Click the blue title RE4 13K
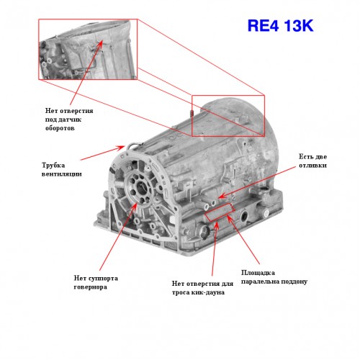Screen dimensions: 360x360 pyautogui.click(x=280, y=26)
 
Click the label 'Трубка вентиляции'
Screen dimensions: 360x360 pyautogui.click(x=62, y=169)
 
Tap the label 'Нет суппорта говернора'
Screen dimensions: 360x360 pyautogui.click(x=96, y=282)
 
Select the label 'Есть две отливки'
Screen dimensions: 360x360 pyautogui.click(x=312, y=161)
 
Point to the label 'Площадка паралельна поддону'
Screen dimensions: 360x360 pyautogui.click(x=274, y=277)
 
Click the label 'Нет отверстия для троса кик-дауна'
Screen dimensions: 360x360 pyautogui.click(x=202, y=288)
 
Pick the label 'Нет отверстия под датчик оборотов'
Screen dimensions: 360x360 pyautogui.click(x=69, y=120)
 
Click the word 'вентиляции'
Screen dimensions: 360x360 pyautogui.click(x=62, y=174)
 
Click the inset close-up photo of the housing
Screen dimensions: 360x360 pyautogui.click(x=88, y=50)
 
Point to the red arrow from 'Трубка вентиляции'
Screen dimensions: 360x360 pyautogui.click(x=102, y=153)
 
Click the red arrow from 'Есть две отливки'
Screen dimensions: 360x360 pyautogui.click(x=257, y=182)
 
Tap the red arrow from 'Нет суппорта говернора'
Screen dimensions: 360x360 pyautogui.click(x=118, y=236)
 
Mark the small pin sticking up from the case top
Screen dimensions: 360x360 pyautogui.click(x=192, y=113)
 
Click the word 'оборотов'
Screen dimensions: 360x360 pyautogui.click(x=60, y=128)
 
